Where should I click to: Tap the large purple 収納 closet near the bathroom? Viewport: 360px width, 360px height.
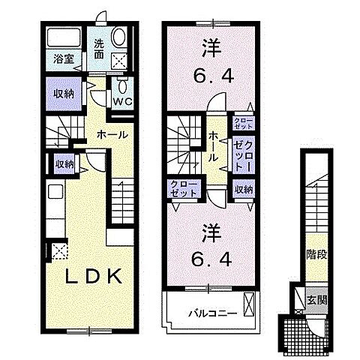click(x=64, y=94)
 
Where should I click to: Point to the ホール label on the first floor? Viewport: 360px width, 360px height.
click(x=109, y=135)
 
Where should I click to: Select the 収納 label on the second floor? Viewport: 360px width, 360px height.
click(x=242, y=190)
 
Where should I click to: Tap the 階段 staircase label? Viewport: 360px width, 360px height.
click(x=316, y=253)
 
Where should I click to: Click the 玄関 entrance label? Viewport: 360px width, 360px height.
click(x=316, y=300)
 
